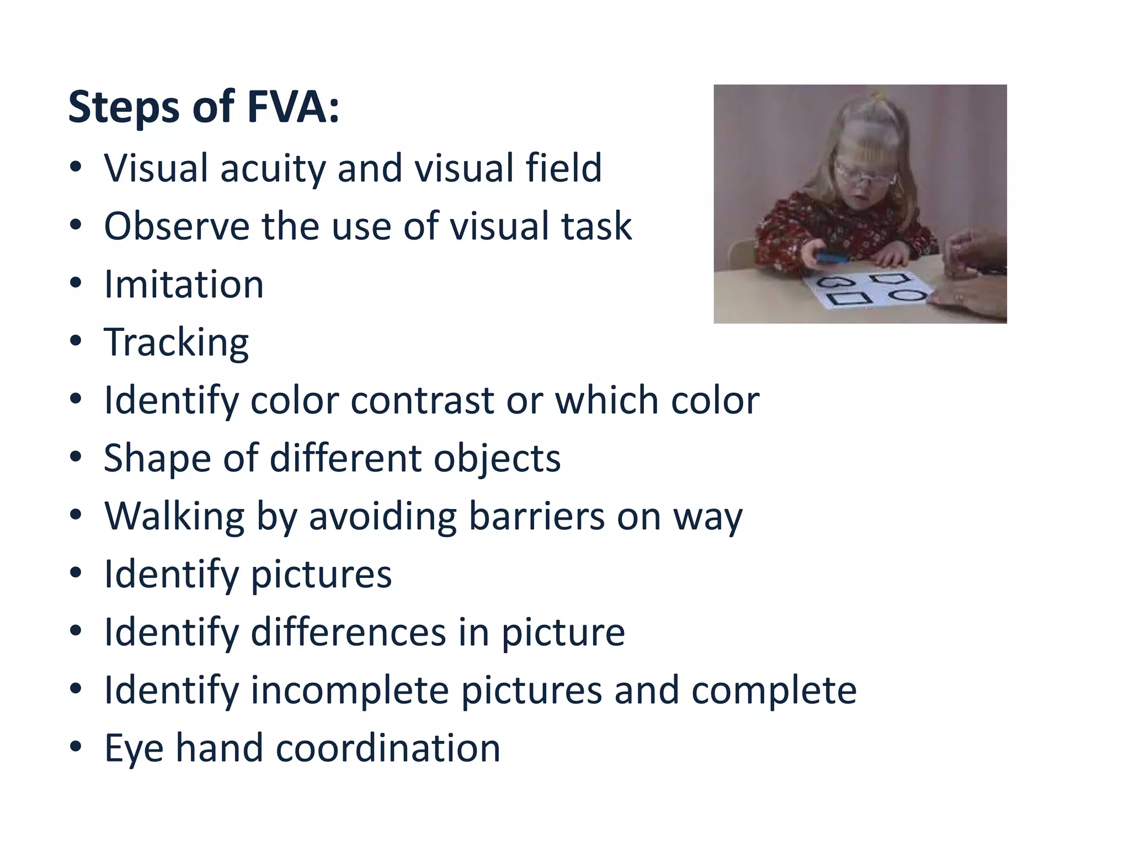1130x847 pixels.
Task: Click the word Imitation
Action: (184, 285)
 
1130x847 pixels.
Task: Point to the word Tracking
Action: (176, 343)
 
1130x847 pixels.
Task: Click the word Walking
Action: (174, 517)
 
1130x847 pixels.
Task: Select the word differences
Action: (348, 632)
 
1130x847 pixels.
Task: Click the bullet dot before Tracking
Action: (76, 341)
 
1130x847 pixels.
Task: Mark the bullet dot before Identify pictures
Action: (76, 573)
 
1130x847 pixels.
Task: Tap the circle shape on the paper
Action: (908, 295)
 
